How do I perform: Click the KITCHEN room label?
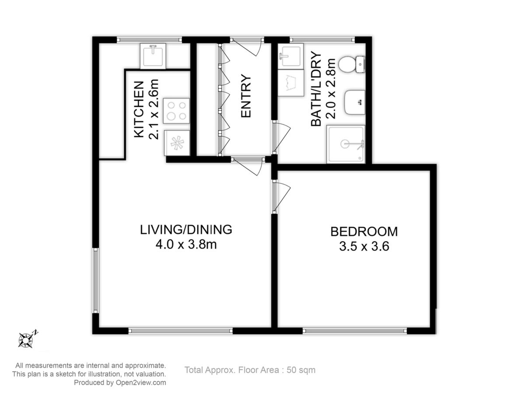coord(139,109)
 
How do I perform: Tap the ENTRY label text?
coord(245,96)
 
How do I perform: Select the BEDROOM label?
coord(364,232)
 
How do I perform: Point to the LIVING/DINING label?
coord(186,230)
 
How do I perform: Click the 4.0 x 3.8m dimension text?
coord(186,244)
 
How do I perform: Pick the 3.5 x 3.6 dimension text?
coord(364,246)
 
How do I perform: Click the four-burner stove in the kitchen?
coord(176,111)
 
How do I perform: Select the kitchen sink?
coord(153,56)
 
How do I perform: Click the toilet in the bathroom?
coord(352,64)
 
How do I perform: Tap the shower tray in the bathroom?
coord(346,144)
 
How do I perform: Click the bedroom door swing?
coord(281,197)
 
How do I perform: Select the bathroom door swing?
coord(281,137)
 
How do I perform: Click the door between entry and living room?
coord(248,166)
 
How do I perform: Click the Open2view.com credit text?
coord(120,383)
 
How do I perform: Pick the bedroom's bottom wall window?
coord(355,331)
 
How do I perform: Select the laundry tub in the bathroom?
coord(290,83)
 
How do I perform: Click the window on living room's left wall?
coord(96,280)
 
